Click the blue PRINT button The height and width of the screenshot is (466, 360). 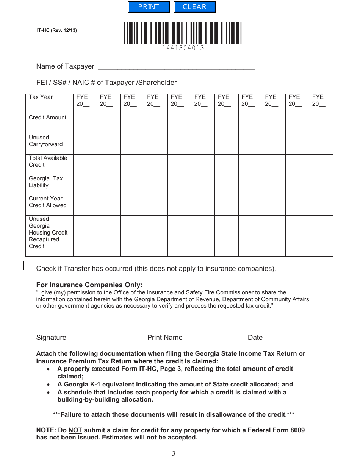(x=149, y=7)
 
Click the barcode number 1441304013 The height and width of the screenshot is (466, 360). (x=183, y=48)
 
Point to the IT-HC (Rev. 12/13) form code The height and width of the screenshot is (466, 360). (x=57, y=30)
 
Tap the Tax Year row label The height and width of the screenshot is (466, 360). (x=41, y=97)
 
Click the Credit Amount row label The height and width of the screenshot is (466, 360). (x=47, y=117)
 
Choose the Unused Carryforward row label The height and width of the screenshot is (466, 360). (x=45, y=141)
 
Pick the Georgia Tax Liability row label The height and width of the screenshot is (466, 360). (x=45, y=182)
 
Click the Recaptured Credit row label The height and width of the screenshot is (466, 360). (x=44, y=243)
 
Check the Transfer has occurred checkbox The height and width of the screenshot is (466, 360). (x=28, y=266)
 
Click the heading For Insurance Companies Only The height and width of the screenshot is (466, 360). (x=89, y=285)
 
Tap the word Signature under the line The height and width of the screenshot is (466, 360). (x=51, y=338)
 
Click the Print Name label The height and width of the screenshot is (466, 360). (x=165, y=338)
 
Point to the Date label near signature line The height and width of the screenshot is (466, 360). (x=255, y=338)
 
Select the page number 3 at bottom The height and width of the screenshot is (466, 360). (x=174, y=454)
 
